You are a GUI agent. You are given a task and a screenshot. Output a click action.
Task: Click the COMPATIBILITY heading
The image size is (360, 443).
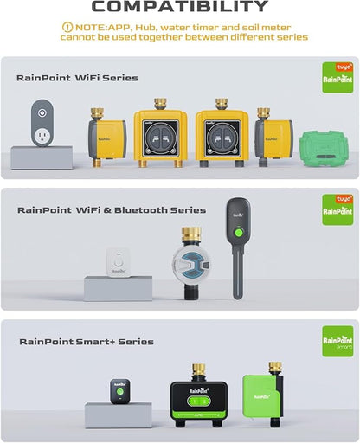[x=180, y=8]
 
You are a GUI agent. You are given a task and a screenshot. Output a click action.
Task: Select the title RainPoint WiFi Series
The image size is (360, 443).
[x=77, y=78]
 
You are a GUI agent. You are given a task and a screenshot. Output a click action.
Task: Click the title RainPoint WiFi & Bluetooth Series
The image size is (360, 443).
[x=111, y=209]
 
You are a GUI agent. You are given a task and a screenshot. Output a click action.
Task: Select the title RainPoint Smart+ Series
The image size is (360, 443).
[x=86, y=342]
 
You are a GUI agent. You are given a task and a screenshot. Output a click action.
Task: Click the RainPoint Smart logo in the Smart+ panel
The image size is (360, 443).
[x=337, y=342]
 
